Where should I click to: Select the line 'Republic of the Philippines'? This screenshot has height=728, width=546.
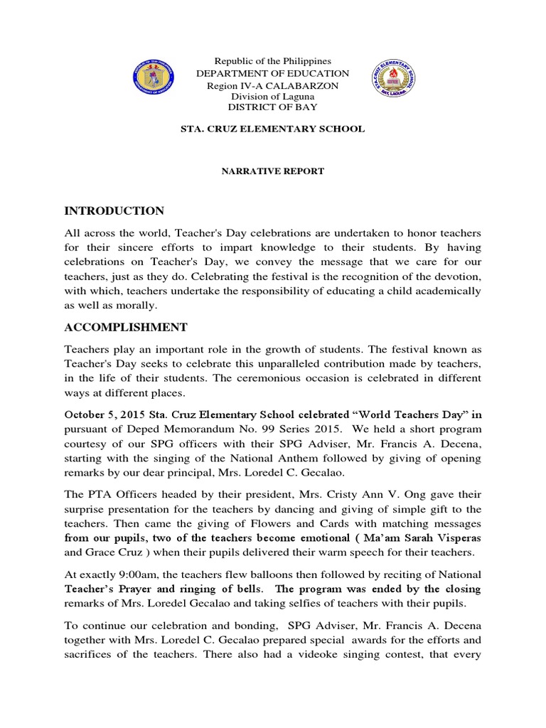pos(273,62)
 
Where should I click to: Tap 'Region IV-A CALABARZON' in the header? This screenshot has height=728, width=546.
pos(273,85)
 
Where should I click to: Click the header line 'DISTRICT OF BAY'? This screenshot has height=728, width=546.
pos(273,107)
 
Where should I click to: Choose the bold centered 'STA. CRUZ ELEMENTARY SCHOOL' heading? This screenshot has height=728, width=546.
pos(273,129)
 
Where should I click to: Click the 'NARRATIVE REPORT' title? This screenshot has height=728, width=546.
pos(273,171)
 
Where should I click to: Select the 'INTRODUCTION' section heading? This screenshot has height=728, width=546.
pos(114,211)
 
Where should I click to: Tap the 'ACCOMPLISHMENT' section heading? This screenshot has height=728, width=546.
pos(126,327)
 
